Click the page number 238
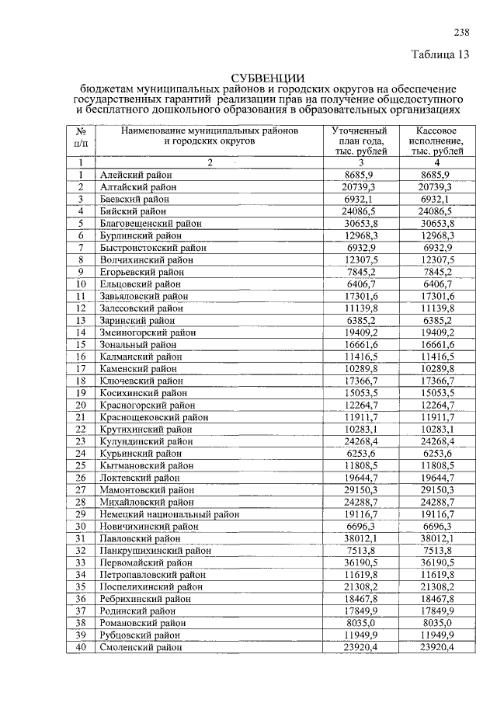[x=461, y=32]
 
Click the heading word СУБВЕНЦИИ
[x=268, y=78]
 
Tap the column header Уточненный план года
[x=358, y=141]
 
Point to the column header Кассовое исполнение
[x=437, y=141]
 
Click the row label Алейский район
[x=136, y=176]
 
